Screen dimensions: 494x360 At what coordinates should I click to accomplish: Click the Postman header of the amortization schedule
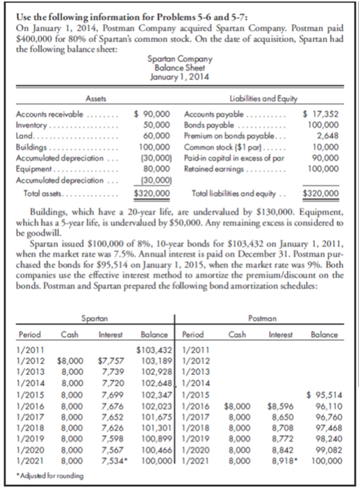pyautogui.click(x=264, y=318)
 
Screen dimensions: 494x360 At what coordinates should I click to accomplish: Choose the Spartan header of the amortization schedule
pyautogui.click(x=92, y=318)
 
